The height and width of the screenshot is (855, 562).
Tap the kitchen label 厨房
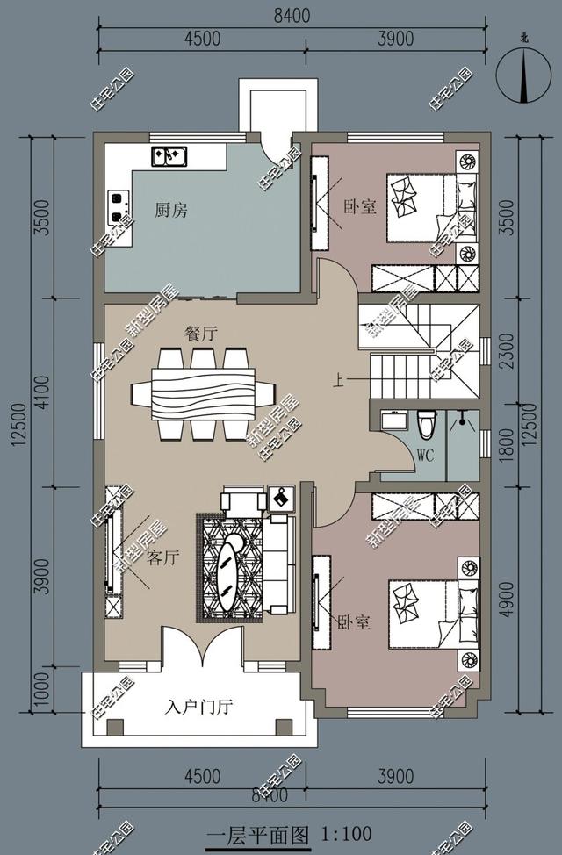[x=171, y=211]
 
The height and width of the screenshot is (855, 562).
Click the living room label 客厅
[x=165, y=558]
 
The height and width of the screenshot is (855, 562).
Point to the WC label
[x=425, y=456]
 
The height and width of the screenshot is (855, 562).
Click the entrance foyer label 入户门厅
[x=198, y=708]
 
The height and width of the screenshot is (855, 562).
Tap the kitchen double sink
[x=168, y=155]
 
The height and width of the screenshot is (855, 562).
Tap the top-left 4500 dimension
[x=202, y=38]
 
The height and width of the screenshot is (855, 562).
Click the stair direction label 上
[x=337, y=381]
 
